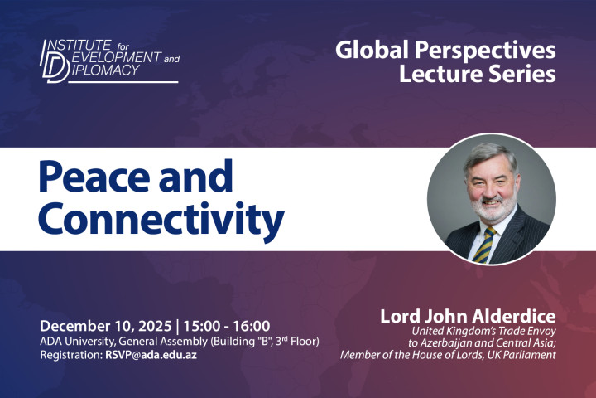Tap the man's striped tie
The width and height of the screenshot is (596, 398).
pyautogui.click(x=483, y=245)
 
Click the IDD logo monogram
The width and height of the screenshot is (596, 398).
pyautogui.click(x=55, y=61)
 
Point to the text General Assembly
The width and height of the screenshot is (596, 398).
pyautogui.click(x=156, y=341)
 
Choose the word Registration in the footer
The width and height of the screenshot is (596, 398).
pyautogui.click(x=69, y=355)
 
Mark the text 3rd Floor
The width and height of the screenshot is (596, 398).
pyautogui.click(x=290, y=341)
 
